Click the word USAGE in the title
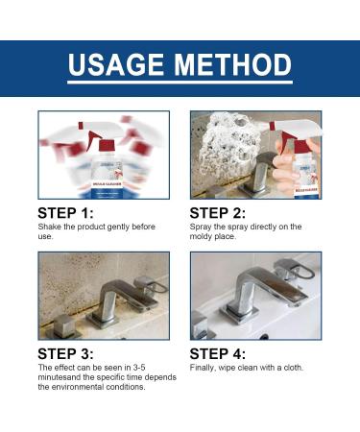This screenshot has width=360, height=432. (x=116, y=64)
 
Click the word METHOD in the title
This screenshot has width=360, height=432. (x=233, y=64)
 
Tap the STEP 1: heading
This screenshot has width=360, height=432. (x=65, y=213)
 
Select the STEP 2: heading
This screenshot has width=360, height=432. (x=218, y=213)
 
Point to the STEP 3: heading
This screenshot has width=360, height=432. (x=65, y=354)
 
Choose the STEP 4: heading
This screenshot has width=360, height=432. (x=218, y=354)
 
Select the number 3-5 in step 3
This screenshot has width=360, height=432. (x=139, y=368)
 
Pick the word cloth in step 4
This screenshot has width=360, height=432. (x=293, y=368)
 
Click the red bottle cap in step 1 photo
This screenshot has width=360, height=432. (x=107, y=146)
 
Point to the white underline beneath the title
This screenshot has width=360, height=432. (x=180, y=83)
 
